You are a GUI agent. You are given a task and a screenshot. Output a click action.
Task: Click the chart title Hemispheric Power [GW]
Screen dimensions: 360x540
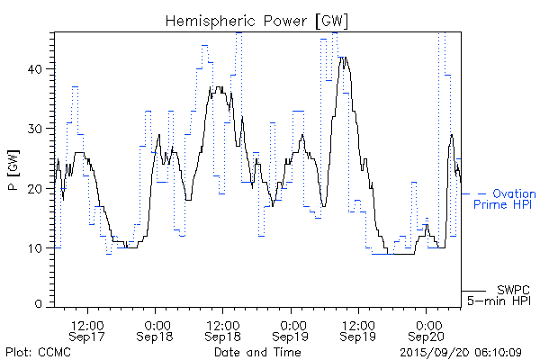click(258, 20)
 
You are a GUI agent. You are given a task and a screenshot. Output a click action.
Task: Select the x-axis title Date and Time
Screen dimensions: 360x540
click(257, 352)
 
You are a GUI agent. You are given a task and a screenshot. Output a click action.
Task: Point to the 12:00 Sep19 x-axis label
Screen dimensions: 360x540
click(358, 328)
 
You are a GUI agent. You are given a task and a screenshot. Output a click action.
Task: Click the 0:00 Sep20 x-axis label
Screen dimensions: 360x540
click(426, 328)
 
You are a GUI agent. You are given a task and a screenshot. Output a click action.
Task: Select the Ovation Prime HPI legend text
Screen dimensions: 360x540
click(504, 199)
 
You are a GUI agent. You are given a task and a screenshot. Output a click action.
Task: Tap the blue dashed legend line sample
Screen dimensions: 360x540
click(474, 193)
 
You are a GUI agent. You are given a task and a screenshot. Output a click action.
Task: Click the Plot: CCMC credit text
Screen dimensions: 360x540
click(38, 352)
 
